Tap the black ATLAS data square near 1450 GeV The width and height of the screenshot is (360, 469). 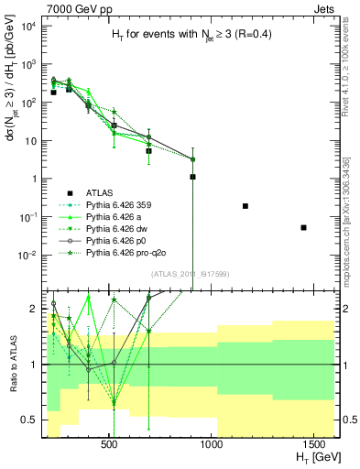303,227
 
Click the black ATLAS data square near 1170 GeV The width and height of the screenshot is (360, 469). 245,206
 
